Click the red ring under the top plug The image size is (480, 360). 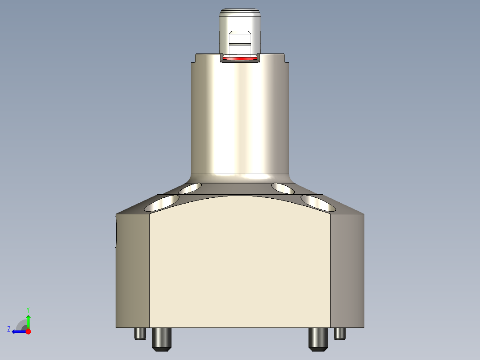pos(240,59)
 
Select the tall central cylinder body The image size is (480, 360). pos(240,116)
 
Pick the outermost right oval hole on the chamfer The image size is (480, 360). pos(318,203)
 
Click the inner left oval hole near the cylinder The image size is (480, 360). pos(190,188)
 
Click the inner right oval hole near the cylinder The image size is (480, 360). pos(283,188)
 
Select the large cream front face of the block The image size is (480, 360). pos(240,267)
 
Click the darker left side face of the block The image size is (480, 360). pos(132,272)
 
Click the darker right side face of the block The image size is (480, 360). pos(348,272)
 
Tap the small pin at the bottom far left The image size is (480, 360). pos(140,333)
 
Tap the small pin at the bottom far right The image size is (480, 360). pos(340,333)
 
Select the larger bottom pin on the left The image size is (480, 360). pos(162,339)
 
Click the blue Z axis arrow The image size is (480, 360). pos(18,331)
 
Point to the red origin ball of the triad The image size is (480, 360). pos(28,331)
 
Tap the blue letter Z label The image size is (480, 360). pos(9,329)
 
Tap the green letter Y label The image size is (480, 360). pos(28,309)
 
